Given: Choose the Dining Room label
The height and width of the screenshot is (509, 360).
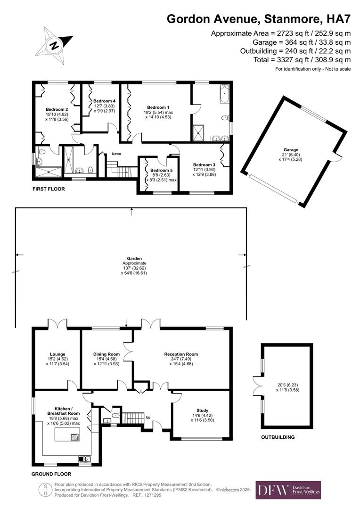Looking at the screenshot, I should [x=107, y=354].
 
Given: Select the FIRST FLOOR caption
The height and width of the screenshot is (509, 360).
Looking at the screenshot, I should [x=48, y=189].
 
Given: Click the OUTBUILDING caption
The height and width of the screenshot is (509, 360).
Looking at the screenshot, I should [x=278, y=437].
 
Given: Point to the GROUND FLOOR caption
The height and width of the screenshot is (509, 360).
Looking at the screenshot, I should [x=51, y=474].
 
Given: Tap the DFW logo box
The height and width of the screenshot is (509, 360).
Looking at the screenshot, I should [x=288, y=490].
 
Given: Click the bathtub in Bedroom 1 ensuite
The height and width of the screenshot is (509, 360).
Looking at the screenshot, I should [x=224, y=92].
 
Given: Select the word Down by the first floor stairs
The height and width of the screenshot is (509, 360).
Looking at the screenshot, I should [x=116, y=154].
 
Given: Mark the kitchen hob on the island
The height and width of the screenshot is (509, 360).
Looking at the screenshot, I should [x=74, y=437].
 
